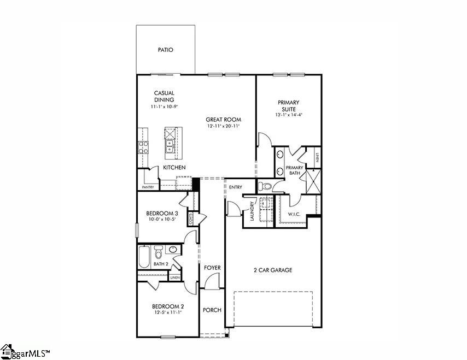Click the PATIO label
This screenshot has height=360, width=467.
[x=165, y=50]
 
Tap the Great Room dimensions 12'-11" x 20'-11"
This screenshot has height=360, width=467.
[x=223, y=126]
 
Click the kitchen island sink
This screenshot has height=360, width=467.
[x=170, y=146]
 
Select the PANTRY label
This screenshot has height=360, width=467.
[x=148, y=187]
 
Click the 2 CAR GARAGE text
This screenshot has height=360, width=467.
[x=273, y=270]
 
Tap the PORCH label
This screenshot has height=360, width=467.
[x=212, y=310]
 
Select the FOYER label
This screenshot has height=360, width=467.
[x=212, y=268]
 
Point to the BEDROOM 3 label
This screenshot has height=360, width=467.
[x=162, y=213]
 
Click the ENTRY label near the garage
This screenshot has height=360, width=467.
[x=236, y=187]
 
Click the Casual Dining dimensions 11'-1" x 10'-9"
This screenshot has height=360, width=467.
[x=164, y=107]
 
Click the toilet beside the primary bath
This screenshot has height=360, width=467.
[x=266, y=186]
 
